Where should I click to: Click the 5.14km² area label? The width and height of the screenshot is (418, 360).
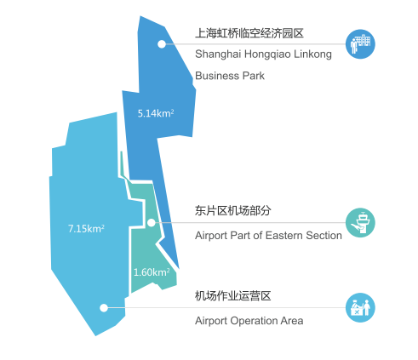click(156, 113)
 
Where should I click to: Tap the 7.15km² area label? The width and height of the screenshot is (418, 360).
click(86, 229)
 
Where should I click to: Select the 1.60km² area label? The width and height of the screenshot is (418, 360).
click(152, 272)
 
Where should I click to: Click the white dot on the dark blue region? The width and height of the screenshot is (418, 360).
click(162, 44)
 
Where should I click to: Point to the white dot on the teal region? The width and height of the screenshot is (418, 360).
click(152, 223)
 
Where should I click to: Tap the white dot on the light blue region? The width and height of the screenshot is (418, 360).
click(104, 308)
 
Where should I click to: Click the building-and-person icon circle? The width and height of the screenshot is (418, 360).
click(360, 44)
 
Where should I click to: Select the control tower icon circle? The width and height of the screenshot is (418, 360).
click(360, 223)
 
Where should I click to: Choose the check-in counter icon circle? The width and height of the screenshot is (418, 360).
click(360, 308)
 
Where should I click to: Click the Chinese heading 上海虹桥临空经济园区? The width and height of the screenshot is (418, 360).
click(249, 33)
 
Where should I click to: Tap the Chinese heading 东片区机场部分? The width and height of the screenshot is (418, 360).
click(233, 210)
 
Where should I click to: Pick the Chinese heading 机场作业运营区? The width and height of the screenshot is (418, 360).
click(233, 296)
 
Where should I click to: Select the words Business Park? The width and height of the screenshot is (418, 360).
click(230, 76)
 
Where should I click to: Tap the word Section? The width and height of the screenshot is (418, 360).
click(324, 236)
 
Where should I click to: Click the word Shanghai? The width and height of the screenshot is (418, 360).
click(218, 54)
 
